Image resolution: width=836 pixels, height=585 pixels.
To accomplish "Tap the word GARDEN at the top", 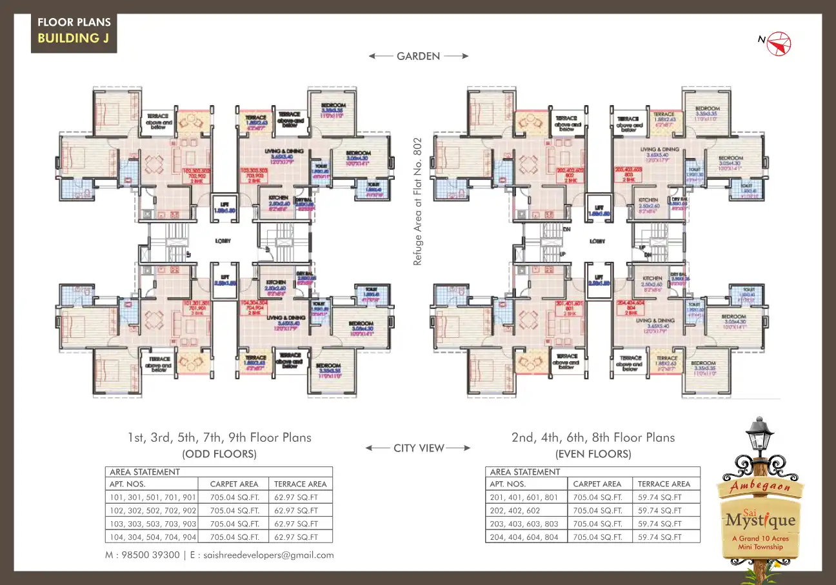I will coord(418,56).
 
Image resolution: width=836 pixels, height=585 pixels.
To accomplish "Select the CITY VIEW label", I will coord(419,448).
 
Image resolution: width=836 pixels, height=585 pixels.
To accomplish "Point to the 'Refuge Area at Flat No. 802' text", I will coord(417,201).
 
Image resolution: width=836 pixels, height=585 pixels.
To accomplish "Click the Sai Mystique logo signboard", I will coord(760,515).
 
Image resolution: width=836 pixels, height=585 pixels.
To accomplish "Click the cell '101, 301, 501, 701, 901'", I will coord(154,497).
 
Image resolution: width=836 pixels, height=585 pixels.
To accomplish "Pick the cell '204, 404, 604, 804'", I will coord(524,537).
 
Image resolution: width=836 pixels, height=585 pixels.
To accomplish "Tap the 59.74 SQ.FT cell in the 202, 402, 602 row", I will coord(660,510).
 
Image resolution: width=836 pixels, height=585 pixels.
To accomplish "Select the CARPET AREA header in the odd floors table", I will coord(234,484).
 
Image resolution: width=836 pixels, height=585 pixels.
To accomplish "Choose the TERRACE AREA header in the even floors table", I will coord(664,484).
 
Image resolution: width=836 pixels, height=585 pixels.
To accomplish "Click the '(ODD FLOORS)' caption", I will coord(219,454).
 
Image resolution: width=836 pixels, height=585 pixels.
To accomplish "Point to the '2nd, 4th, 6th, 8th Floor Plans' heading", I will coord(593,437).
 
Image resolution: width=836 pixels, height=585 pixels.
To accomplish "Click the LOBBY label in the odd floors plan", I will coord(223,241).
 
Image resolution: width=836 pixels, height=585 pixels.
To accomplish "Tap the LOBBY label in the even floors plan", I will coord(597,241).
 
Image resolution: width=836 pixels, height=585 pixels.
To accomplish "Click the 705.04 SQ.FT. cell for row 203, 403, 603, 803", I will coord(598,524).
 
